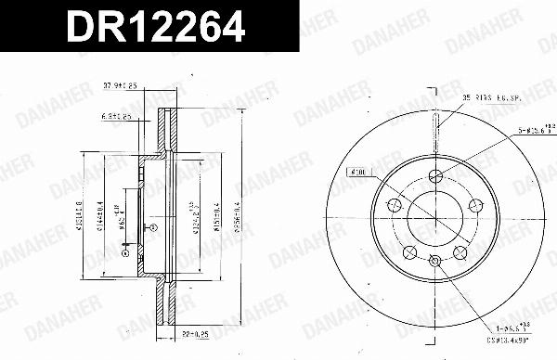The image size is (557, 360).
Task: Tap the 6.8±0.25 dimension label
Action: (x=116, y=117)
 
